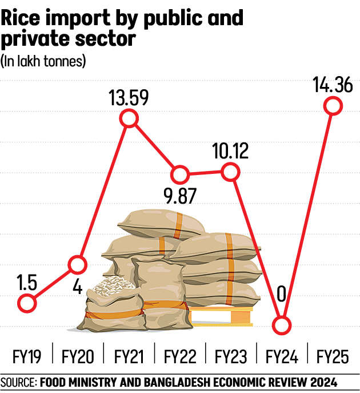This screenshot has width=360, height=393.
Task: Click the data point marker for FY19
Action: (x=26, y=303)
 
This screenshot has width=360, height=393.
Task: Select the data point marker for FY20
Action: (x=78, y=264)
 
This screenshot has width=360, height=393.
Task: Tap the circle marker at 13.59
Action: (x=129, y=118)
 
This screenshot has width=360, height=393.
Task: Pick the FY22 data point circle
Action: (x=179, y=174)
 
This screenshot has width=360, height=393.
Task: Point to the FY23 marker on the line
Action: (x=230, y=170)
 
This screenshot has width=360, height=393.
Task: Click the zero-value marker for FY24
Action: (x=281, y=326)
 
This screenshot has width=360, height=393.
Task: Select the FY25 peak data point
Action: (x=333, y=106)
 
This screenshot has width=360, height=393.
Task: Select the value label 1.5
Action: (x=25, y=283)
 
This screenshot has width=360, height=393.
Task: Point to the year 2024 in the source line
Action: (x=323, y=382)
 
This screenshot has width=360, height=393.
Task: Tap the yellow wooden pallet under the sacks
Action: (x=223, y=316)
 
